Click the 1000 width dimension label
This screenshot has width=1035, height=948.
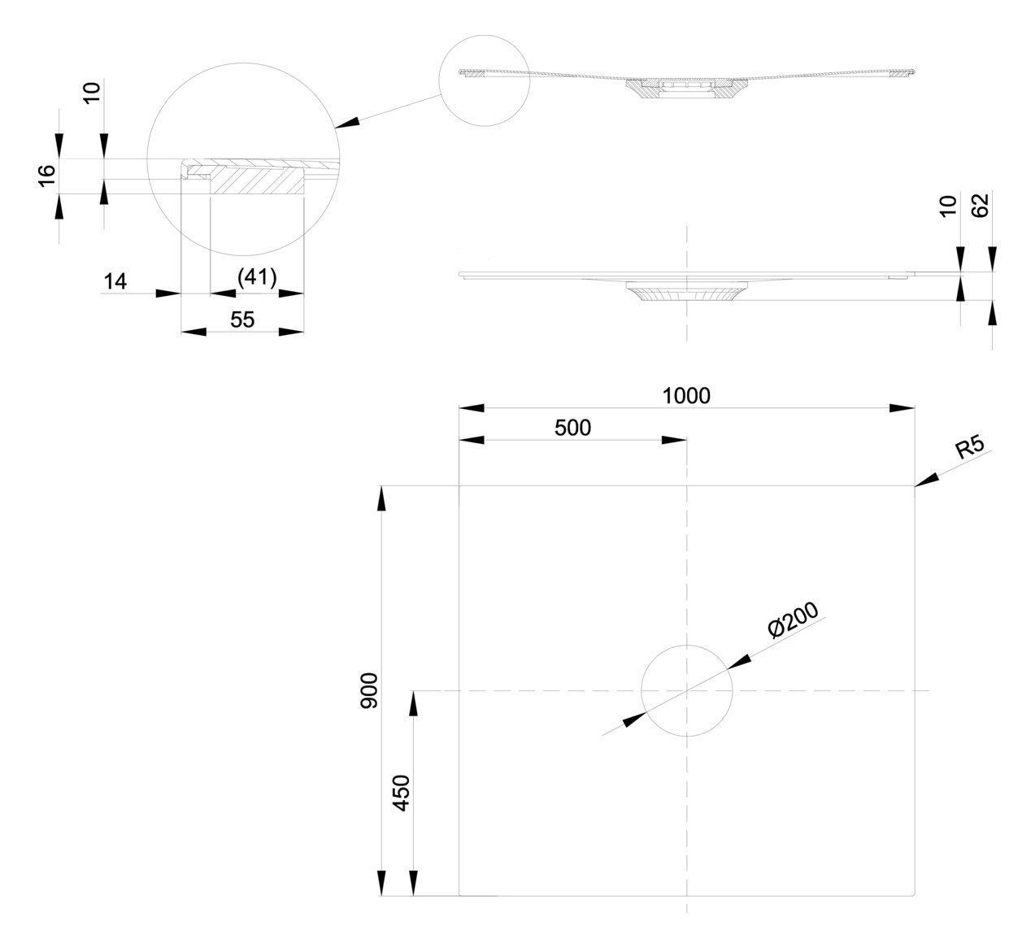686,396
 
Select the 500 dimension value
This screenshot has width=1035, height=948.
572,428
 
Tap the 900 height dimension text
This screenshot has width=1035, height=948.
369,690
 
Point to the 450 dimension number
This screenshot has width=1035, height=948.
402,794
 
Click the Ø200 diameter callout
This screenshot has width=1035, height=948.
793,620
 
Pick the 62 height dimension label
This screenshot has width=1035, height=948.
981,205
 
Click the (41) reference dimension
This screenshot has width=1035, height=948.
257,277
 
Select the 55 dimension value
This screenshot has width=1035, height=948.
242,320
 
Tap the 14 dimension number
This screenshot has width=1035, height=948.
115,282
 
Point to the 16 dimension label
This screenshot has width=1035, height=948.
47,176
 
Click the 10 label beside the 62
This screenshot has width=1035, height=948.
948,206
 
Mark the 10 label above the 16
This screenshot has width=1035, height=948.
92,93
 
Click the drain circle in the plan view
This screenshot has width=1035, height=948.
641,690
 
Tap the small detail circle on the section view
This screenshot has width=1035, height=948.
439,80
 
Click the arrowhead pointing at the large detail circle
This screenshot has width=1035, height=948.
346,123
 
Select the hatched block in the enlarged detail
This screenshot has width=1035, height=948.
256,180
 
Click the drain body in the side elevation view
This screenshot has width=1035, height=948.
686,291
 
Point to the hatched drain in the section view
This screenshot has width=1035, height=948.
686,89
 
